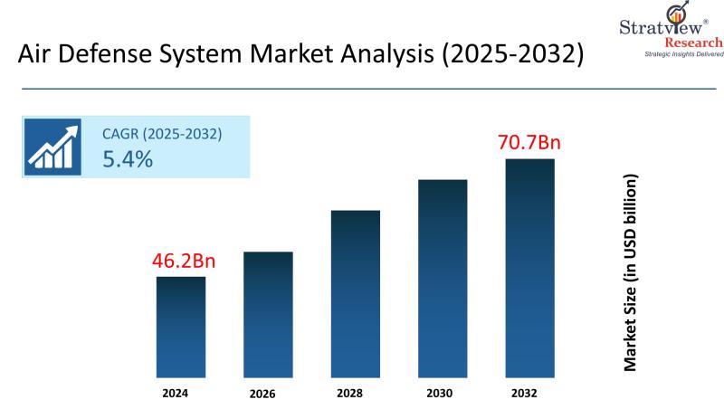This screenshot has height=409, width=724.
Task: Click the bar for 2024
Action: tap(181, 327)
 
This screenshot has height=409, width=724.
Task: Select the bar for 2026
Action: tap(269, 314)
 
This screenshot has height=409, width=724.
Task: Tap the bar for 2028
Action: tap(356, 293)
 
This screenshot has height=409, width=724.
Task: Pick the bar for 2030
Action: tap(443, 278)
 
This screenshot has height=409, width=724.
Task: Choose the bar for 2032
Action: tap(529, 268)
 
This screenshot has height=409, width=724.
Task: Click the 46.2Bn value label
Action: tap(185, 262)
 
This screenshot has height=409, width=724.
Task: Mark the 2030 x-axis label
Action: tap(443, 393)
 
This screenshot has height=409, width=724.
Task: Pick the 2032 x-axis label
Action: tap(529, 393)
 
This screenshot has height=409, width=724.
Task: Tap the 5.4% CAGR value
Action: tap(128, 160)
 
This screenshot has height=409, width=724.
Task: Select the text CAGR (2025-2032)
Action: tap(162, 135)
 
